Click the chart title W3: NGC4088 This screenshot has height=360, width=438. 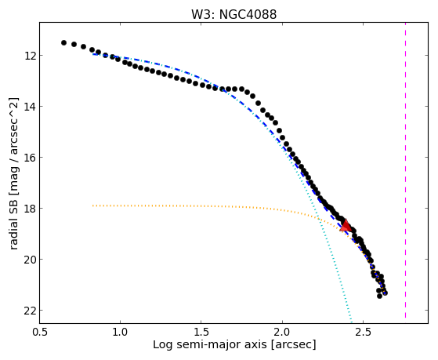pos(233,14)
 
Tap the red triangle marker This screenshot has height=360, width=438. pos(346,226)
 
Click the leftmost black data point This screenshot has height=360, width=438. pos(63,42)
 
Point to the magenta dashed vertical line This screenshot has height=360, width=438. pos(405,170)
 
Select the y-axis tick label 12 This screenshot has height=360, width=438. pos(30,56)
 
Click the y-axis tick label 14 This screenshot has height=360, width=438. pos(30,107)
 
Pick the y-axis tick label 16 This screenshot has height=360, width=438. pos(30,158)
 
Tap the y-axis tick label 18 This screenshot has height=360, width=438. pos(30,209)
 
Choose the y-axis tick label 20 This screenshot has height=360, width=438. pos(30,260)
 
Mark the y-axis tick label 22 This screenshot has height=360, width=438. pos(30,311)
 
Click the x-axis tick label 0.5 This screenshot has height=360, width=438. pos(39,332)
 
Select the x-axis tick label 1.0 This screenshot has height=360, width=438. pos(120,332)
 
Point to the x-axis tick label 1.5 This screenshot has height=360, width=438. pos(201,332)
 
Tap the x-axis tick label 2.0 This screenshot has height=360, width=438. pos(282,332)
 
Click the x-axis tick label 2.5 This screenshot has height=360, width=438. pos(363,332)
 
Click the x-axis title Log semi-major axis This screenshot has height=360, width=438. pos(209,345)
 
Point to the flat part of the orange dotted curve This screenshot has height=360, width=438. pos(168,205)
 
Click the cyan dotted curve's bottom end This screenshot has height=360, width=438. pos(351,322)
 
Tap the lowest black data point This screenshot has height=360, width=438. pos(379,296)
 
